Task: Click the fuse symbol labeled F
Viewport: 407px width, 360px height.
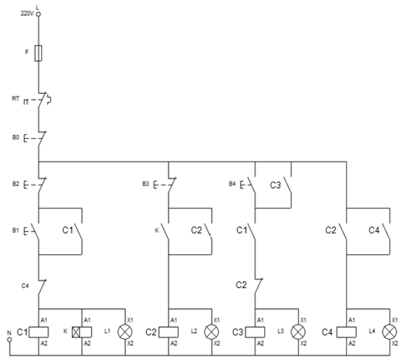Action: click(38, 53)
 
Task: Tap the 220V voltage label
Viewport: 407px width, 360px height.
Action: click(27, 14)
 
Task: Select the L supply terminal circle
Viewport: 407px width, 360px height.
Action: click(38, 14)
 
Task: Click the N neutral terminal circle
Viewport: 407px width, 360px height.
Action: click(10, 339)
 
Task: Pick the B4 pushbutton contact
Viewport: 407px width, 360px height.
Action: click(248, 185)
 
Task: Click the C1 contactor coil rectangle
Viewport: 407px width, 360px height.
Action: click(38, 332)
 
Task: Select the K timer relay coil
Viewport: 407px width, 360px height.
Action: click(82, 332)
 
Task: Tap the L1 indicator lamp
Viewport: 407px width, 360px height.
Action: click(125, 332)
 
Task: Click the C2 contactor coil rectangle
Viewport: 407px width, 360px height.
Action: click(168, 332)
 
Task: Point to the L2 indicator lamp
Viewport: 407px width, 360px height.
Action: click(211, 332)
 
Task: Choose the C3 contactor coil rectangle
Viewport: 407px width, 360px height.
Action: click(255, 332)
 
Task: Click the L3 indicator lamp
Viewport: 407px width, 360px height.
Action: click(298, 332)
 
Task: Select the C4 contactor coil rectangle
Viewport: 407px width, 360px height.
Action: click(346, 332)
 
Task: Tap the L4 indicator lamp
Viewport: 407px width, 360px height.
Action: click(390, 332)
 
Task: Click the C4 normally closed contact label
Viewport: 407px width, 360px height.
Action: click(25, 286)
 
